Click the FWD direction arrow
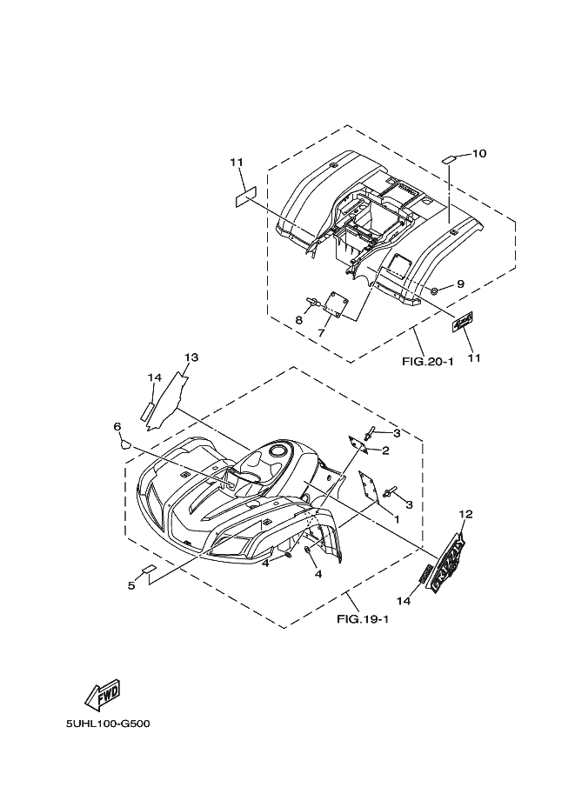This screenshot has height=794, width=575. coord(102,693)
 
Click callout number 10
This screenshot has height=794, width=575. coord(479,154)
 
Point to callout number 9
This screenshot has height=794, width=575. coord(460,284)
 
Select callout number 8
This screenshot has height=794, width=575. coord(299,320)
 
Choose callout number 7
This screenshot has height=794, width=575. coord(321,332)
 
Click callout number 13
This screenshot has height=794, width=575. coord(191,357)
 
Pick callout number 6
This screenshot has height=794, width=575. coord(117,426)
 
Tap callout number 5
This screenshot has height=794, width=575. coord(131,585)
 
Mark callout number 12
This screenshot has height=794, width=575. coord(465,515)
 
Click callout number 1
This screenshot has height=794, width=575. coord(397,519)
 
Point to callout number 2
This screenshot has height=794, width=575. coord(384,450)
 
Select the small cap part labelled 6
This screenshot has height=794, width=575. coord(125,442)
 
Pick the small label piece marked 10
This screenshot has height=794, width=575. coord(449,158)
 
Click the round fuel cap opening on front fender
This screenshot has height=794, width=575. coord(280,450)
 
